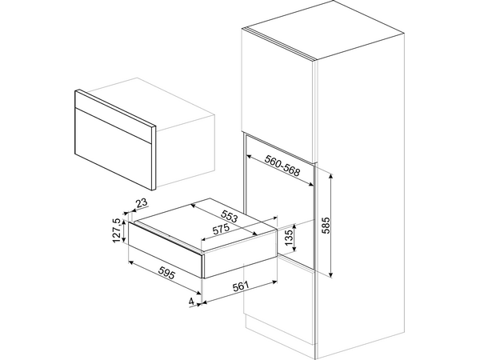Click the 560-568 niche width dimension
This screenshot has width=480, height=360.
tap(282, 166)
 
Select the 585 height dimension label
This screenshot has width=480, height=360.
tap(326, 226)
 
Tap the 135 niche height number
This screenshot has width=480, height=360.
tap(289, 238)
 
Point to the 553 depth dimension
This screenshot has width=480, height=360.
tap(230, 216)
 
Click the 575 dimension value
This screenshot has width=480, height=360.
tap(220, 229)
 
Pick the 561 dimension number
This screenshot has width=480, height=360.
tap(240, 286)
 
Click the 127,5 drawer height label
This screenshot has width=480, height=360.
tap(117, 231)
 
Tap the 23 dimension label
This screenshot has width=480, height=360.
tap(141, 202)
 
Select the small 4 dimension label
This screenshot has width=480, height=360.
tap(191, 302)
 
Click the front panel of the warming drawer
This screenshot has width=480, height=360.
tap(166, 250)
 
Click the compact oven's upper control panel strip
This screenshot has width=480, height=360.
tap(115, 117)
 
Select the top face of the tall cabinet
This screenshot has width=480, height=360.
tap(323, 30)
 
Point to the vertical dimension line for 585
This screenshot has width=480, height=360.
tap(331, 226)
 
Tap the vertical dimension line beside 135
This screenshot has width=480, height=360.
tap(294, 238)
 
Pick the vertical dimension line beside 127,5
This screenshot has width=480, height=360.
tap(123, 231)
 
